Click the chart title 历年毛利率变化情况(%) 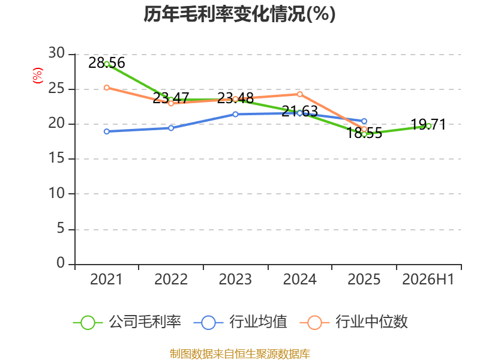tap(239, 14)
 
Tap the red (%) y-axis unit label tap(37, 76)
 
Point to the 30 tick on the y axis tap(56, 53)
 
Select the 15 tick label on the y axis tap(56, 158)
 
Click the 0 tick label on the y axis tap(61, 263)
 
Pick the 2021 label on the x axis tap(106, 279)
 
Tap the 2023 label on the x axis tap(235, 279)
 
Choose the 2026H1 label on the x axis tap(428, 279)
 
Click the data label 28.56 tap(107, 63)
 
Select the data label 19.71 tap(428, 124)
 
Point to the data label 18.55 tap(364, 133)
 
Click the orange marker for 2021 tap(107, 88)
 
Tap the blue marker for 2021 tap(107, 131)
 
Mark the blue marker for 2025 tap(364, 121)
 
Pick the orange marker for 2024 tap(299, 94)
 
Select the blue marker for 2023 tap(235, 114)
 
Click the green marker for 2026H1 tap(428, 126)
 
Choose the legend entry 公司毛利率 tap(127, 322)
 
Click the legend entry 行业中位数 tap(354, 322)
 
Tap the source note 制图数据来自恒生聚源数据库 tap(240, 354)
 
